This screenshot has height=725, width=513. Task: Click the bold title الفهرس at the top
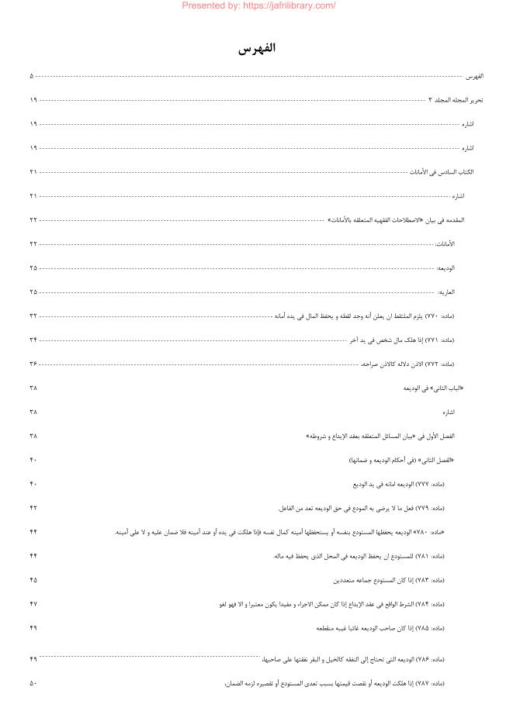coord(257,48)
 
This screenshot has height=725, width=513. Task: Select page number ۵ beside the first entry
coord(32,76)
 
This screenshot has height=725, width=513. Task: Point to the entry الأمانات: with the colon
coord(445,244)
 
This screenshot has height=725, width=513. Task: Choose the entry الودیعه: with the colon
coord(445,268)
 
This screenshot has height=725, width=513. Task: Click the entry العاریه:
coord(446,292)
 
